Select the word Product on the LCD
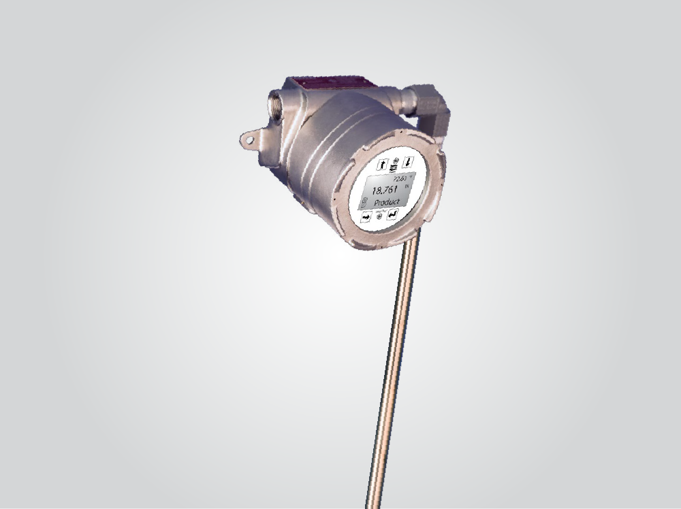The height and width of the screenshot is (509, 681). point(387,202)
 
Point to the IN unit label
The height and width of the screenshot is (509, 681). point(407,186)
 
